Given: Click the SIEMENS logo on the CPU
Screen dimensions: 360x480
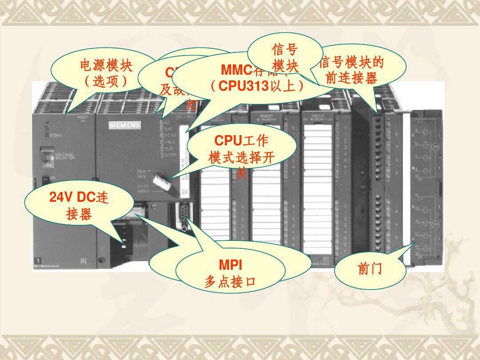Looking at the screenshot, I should click(124, 126).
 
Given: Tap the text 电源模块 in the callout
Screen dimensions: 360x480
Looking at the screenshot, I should click(106, 67).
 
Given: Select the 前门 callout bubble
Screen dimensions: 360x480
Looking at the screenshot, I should click(370, 269).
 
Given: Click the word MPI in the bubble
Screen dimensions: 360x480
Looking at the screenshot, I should click(230, 266).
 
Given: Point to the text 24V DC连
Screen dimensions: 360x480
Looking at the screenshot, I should click(79, 197).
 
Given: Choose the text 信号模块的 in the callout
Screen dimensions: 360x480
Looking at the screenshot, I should click(352, 63).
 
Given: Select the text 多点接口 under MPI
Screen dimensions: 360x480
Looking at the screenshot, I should click(230, 281).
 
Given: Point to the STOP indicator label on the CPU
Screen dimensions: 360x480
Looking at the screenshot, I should click(168, 156).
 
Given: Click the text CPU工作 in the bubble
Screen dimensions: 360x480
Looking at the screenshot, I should click(241, 141).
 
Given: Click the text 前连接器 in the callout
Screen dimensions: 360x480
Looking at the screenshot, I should click(352, 78).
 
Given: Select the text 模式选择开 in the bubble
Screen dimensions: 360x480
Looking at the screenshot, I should click(241, 158).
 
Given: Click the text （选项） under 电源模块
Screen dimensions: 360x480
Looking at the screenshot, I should click(106, 82).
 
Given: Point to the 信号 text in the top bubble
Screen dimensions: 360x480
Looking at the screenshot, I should click(285, 51).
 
